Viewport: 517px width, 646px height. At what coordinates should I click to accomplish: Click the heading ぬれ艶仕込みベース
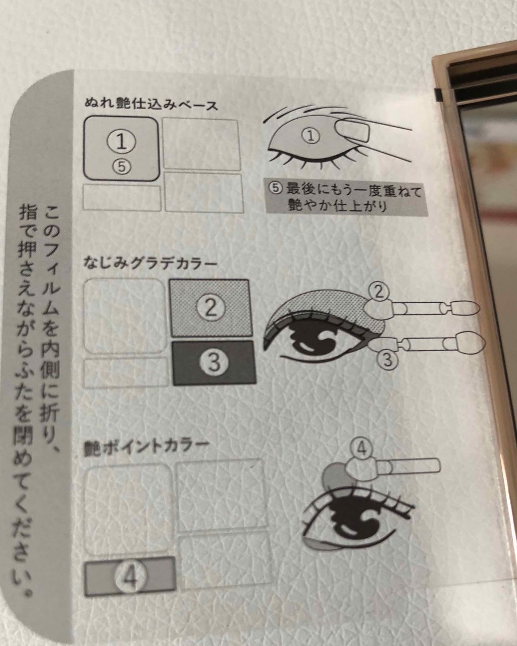click(151, 105)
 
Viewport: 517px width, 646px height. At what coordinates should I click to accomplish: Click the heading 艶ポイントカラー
click(146, 447)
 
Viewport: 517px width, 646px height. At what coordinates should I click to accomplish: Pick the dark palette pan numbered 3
click(214, 362)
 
